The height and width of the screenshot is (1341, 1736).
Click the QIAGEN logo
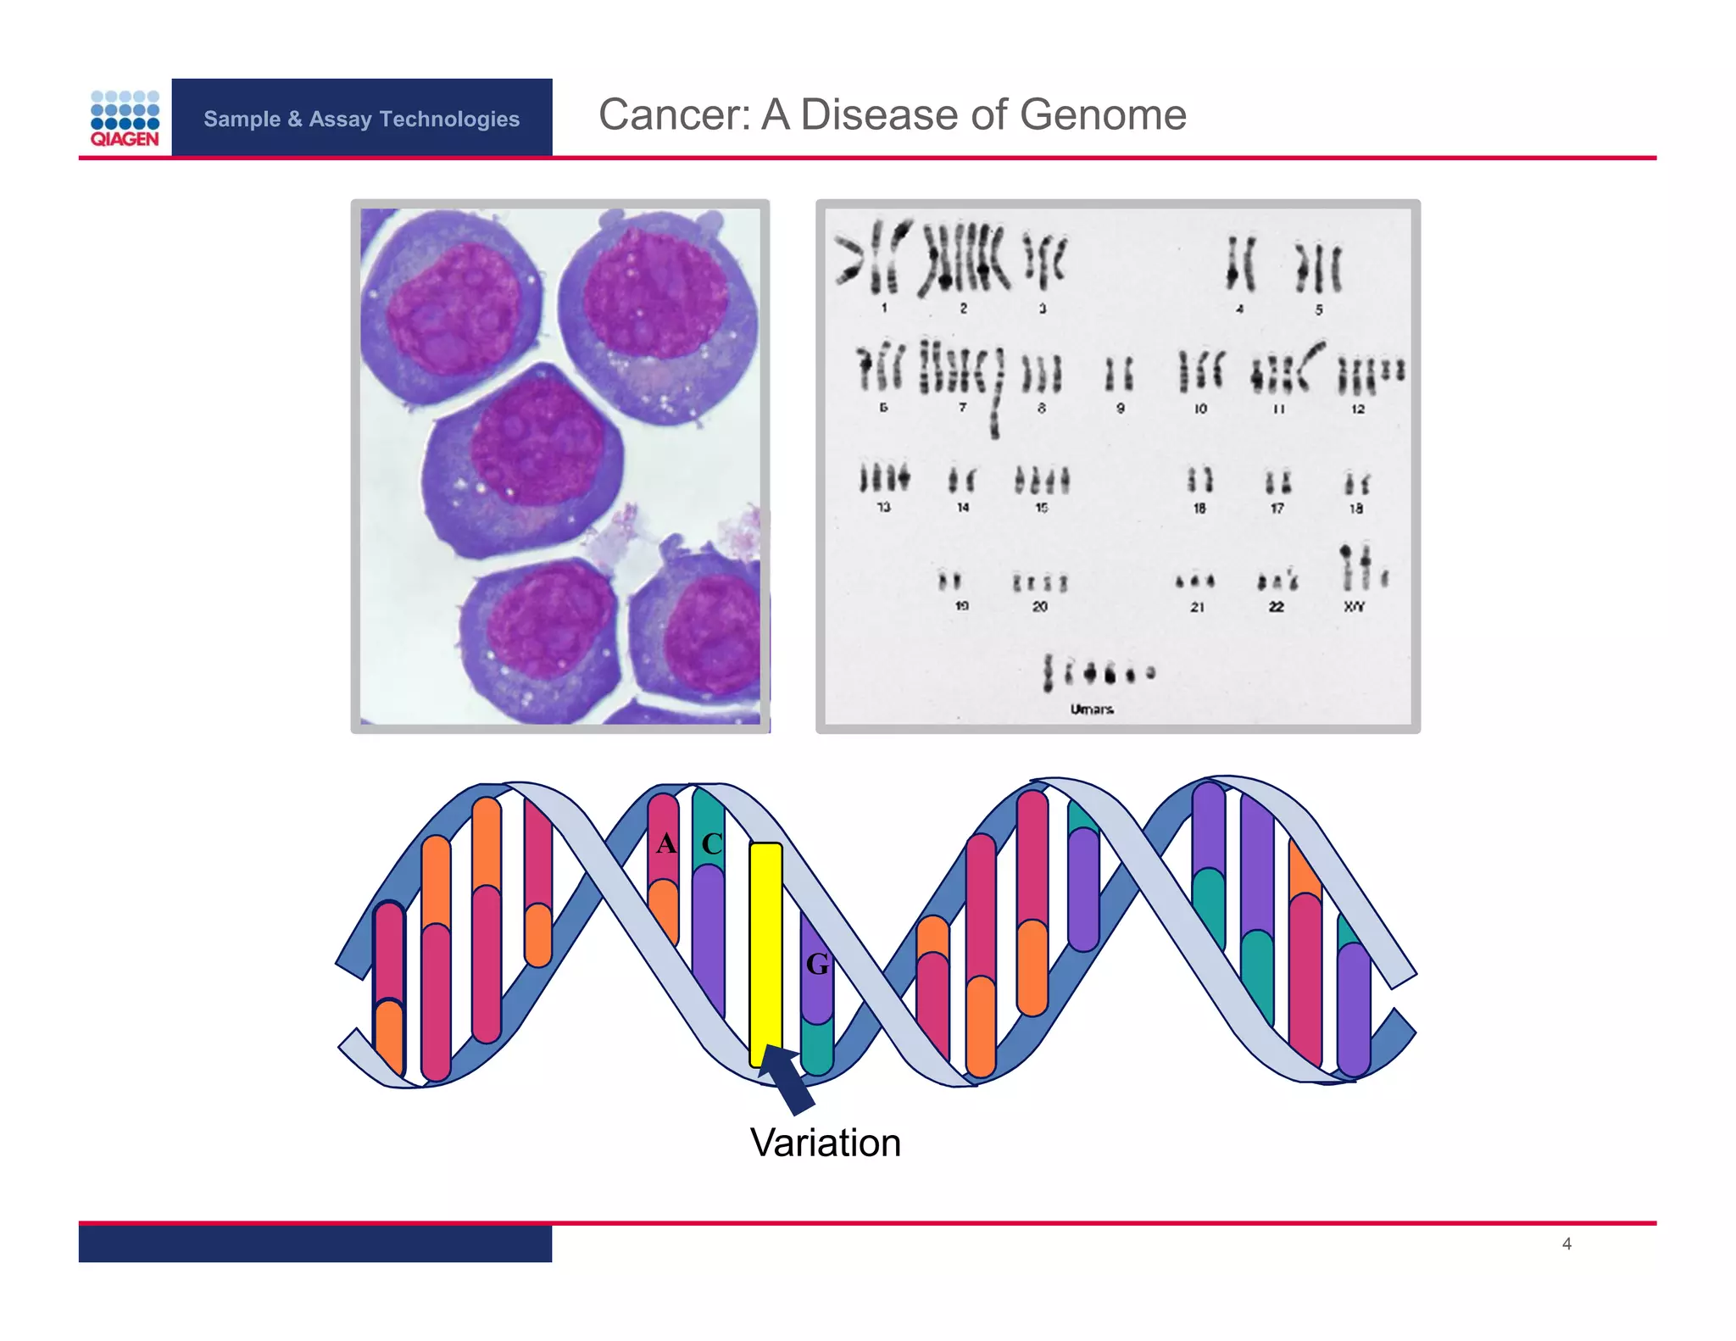coord(125,119)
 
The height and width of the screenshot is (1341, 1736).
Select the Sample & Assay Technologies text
coord(361,119)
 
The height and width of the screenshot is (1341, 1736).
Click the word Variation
coord(825,1143)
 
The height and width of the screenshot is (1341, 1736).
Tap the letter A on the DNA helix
coord(665,843)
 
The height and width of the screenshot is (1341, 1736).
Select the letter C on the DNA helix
coord(711,843)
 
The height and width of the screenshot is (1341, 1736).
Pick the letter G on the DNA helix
coord(817,964)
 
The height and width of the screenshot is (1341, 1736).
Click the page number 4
coord(1566,1244)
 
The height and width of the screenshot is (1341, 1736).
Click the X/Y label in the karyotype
coord(1354,606)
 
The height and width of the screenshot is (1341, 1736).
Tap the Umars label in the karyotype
coord(1092,709)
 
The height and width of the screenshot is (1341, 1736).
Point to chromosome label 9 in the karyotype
coord(1120,409)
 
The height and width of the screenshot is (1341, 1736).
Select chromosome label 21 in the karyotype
coord(1197,607)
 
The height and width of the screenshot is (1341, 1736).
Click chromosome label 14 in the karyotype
coord(963,507)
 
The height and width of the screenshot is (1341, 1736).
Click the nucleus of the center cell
coord(536,441)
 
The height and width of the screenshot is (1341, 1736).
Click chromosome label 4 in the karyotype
coord(1239,309)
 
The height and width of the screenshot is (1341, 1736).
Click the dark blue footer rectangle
coord(315,1244)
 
